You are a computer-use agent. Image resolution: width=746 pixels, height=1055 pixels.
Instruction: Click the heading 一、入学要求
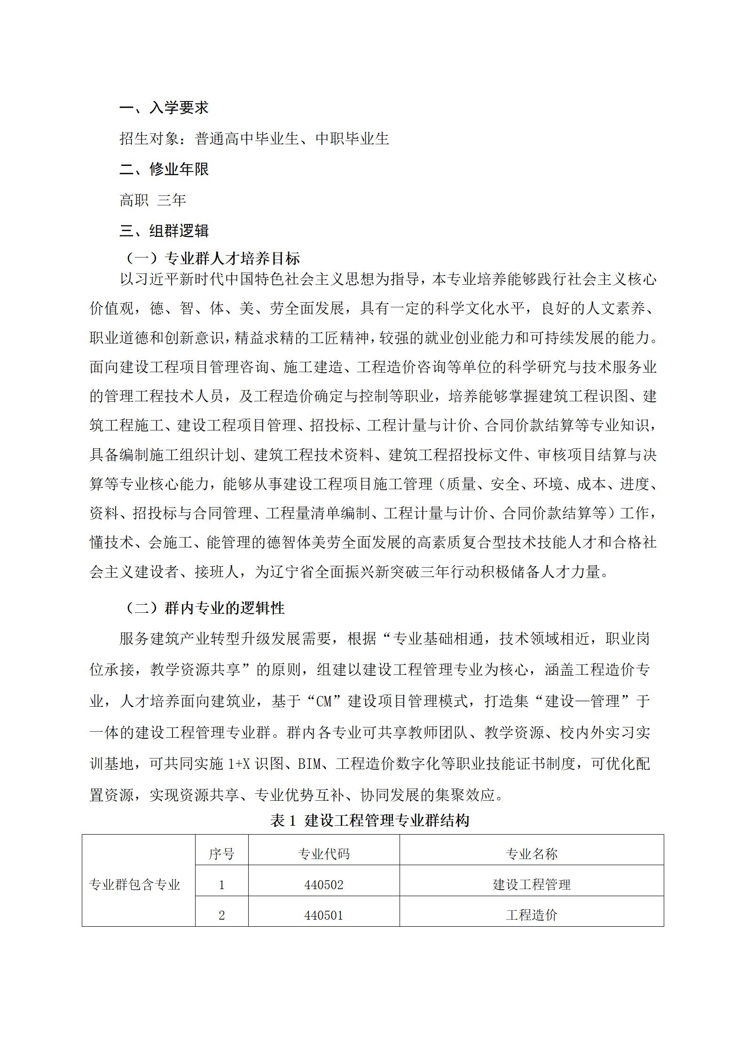tap(164, 108)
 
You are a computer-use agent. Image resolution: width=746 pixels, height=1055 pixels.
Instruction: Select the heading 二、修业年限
tap(164, 169)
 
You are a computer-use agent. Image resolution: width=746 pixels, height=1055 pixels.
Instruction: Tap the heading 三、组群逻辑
tap(164, 231)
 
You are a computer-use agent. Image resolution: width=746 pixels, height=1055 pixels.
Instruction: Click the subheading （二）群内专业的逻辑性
tap(205, 608)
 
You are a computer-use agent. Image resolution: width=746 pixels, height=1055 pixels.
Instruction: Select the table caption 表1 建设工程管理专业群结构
tap(370, 820)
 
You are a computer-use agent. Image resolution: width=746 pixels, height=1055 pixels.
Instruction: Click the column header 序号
tap(221, 854)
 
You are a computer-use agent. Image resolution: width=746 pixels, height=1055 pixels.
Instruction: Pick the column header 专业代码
tap(324, 854)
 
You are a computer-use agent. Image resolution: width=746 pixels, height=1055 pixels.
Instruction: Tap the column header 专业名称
tap(532, 854)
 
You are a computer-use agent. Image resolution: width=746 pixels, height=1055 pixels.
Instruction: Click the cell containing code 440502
tap(324, 885)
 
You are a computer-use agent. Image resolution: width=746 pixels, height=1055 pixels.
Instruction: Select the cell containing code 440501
tap(324, 915)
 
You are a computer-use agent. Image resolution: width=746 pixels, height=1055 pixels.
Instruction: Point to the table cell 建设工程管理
tap(532, 885)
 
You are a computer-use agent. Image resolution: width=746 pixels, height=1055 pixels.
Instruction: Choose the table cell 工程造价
tap(532, 915)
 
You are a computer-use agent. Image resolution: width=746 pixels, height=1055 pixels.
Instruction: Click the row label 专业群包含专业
tap(135, 885)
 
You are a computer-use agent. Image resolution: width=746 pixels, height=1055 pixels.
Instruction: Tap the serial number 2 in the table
tap(221, 915)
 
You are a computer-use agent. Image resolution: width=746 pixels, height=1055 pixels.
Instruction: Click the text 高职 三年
tap(153, 200)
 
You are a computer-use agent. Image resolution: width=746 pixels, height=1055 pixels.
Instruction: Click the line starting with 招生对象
tap(254, 138)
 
